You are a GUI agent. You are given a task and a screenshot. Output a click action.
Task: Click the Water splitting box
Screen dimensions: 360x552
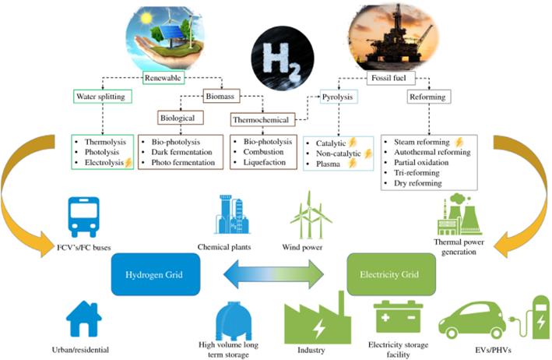click(x=101, y=97)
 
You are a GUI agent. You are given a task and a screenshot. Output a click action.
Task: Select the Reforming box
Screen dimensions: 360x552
click(x=427, y=97)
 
